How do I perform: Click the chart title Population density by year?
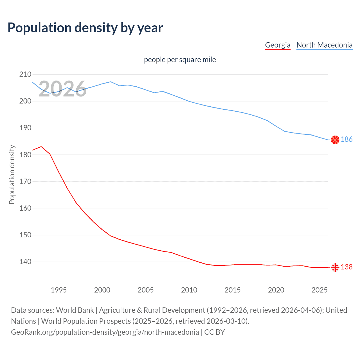[85, 28]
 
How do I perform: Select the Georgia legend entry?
[278, 45]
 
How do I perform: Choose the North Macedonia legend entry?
[324, 45]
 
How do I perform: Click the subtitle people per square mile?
[180, 60]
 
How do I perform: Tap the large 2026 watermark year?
[62, 89]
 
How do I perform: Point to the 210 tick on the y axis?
[25, 75]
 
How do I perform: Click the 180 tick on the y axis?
[25, 155]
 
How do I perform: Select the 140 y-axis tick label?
[25, 262]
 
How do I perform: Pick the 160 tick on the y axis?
[25, 208]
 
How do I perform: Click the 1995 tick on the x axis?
[59, 290]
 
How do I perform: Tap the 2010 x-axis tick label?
[189, 290]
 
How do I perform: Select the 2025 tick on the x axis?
[319, 290]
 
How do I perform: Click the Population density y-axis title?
[12, 174]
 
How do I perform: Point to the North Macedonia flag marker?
[335, 139]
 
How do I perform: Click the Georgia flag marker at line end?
[335, 267]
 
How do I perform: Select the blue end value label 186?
[346, 139]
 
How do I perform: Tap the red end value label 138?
[346, 267]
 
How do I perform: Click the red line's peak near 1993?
[41, 147]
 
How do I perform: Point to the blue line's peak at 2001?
[111, 82]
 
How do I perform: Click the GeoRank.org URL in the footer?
[105, 332]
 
